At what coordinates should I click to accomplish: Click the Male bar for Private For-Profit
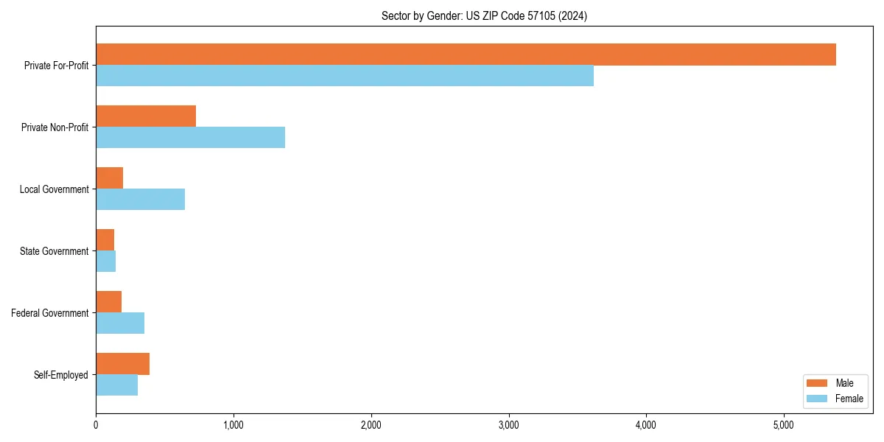tap(466, 55)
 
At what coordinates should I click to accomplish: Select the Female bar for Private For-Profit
tap(345, 76)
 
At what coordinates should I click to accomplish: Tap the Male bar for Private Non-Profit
tap(146, 116)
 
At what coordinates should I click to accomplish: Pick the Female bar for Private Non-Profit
tap(190, 138)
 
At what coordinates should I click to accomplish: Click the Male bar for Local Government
tap(110, 178)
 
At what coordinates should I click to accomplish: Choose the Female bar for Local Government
tap(140, 200)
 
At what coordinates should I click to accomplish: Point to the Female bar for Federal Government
tap(120, 323)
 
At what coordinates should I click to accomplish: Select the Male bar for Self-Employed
tap(122, 364)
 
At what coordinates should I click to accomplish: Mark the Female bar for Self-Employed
tap(116, 385)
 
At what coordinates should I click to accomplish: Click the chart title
tap(484, 15)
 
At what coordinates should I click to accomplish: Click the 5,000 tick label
tap(784, 425)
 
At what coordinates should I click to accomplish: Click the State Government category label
tap(54, 251)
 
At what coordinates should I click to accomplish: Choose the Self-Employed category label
tap(60, 375)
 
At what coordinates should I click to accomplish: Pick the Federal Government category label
tap(49, 313)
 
